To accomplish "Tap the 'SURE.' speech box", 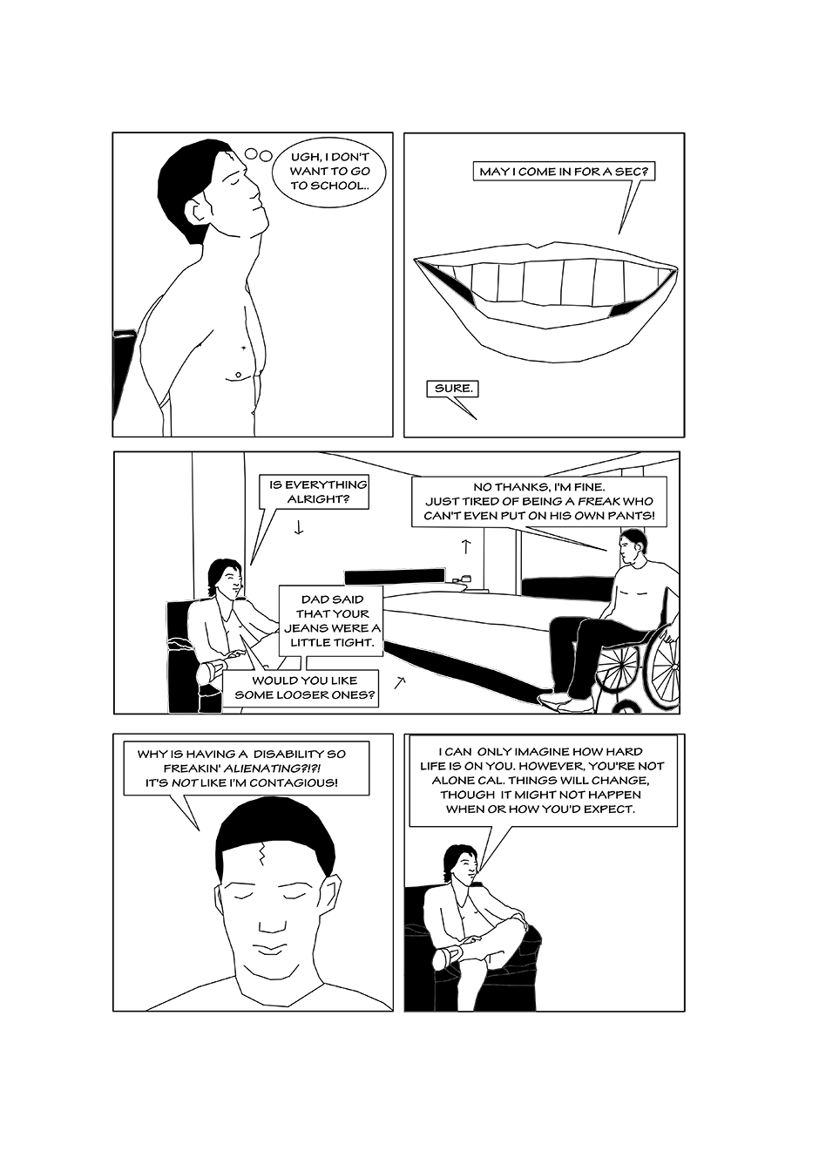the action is (453, 389).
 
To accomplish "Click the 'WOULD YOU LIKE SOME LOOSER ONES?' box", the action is (305, 688).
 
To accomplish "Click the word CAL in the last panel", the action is (473, 780).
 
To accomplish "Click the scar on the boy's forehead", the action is (263, 854).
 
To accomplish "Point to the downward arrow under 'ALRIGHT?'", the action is (298, 528).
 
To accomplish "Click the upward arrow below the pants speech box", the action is (465, 546).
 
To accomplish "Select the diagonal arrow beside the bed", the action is (399, 682).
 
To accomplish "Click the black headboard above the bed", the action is (394, 576).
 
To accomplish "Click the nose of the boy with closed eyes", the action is (268, 925).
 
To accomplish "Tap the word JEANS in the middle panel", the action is (305, 628).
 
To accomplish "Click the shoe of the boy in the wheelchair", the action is (554, 700).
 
